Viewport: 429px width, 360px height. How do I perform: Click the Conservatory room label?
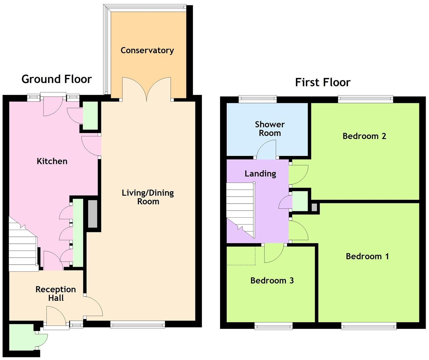click(x=147, y=50)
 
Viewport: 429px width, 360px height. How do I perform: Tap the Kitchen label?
click(x=52, y=161)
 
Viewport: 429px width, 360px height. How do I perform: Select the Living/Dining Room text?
click(x=148, y=197)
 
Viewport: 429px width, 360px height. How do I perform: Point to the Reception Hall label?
click(x=56, y=294)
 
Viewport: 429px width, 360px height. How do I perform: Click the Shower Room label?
click(x=270, y=129)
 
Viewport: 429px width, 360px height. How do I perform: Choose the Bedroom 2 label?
click(x=364, y=136)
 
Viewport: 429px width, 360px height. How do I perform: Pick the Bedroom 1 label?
click(x=367, y=256)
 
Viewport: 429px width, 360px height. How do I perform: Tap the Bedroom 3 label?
click(x=272, y=281)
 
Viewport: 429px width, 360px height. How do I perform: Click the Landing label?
click(x=260, y=174)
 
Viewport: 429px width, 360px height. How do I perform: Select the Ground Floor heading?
click(x=56, y=79)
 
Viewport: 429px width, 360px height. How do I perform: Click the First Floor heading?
click(x=323, y=82)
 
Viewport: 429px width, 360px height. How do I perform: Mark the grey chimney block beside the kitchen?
click(x=93, y=214)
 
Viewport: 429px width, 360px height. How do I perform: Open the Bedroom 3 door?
click(x=274, y=253)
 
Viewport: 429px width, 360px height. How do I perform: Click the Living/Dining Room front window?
click(x=137, y=324)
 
